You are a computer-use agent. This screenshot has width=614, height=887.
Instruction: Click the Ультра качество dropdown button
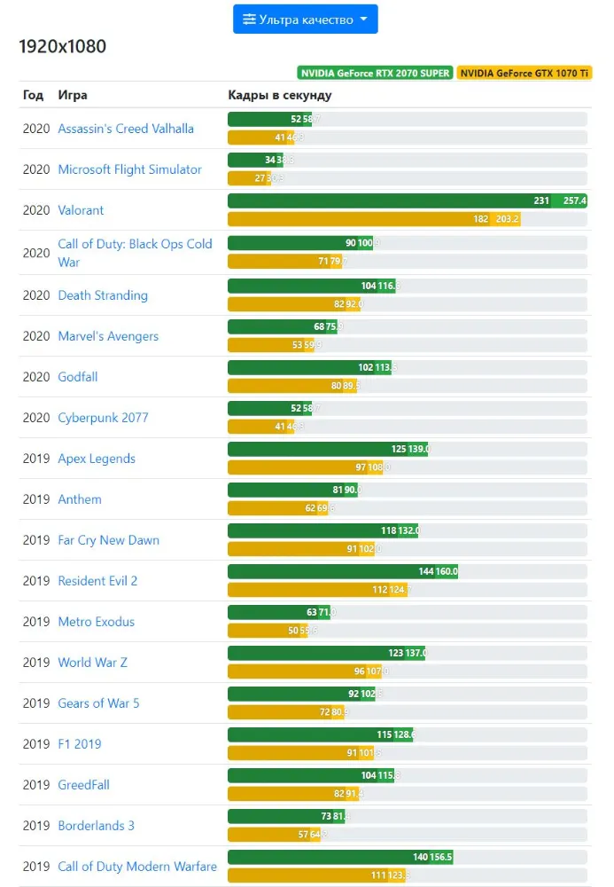click(305, 20)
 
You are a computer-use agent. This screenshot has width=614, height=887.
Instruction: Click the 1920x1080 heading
click(62, 46)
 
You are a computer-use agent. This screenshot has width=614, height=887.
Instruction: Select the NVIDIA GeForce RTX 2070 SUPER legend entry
click(375, 73)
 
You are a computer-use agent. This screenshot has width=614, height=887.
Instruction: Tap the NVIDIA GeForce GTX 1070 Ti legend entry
click(525, 73)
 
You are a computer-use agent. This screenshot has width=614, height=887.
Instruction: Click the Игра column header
click(73, 95)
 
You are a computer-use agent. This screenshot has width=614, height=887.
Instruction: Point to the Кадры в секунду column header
click(279, 95)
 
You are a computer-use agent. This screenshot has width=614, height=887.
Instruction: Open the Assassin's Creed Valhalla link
click(126, 129)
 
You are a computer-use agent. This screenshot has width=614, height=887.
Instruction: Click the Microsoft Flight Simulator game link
click(129, 169)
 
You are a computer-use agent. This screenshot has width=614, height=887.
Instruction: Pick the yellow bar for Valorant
click(373, 219)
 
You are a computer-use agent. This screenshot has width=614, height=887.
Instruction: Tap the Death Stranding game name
click(103, 295)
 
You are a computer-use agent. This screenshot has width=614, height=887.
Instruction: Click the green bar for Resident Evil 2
click(342, 572)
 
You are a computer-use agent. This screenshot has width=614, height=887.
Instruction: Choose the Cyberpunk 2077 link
click(103, 418)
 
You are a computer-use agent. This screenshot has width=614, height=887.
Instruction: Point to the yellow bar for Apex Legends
click(305, 467)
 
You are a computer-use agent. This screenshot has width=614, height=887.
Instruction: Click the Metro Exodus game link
click(97, 622)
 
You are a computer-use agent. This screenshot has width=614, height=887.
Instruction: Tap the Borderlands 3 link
click(97, 826)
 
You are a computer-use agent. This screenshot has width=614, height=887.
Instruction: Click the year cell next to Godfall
click(36, 377)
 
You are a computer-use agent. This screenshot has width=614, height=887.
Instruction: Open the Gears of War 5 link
click(98, 703)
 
